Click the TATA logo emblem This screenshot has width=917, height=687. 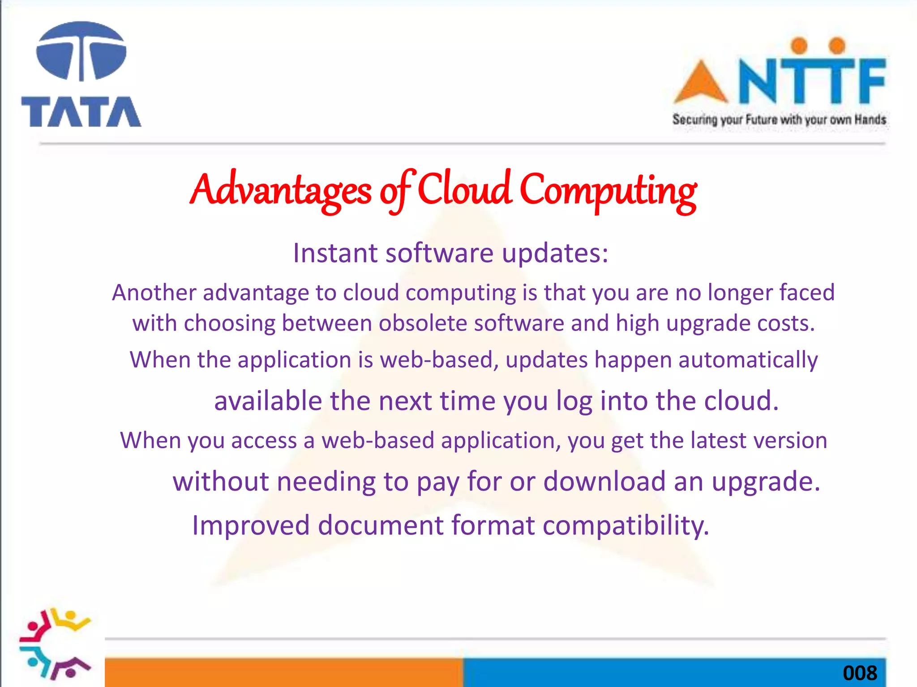[x=81, y=51]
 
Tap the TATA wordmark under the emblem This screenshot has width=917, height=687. [x=81, y=112]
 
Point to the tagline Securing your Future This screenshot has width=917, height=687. [x=779, y=120]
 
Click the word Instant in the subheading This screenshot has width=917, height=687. [x=335, y=253]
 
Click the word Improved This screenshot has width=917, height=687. [x=251, y=526]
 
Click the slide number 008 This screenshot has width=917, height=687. [x=859, y=673]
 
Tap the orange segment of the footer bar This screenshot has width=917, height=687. [x=284, y=672]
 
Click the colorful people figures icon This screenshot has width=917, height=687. [x=55, y=644]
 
